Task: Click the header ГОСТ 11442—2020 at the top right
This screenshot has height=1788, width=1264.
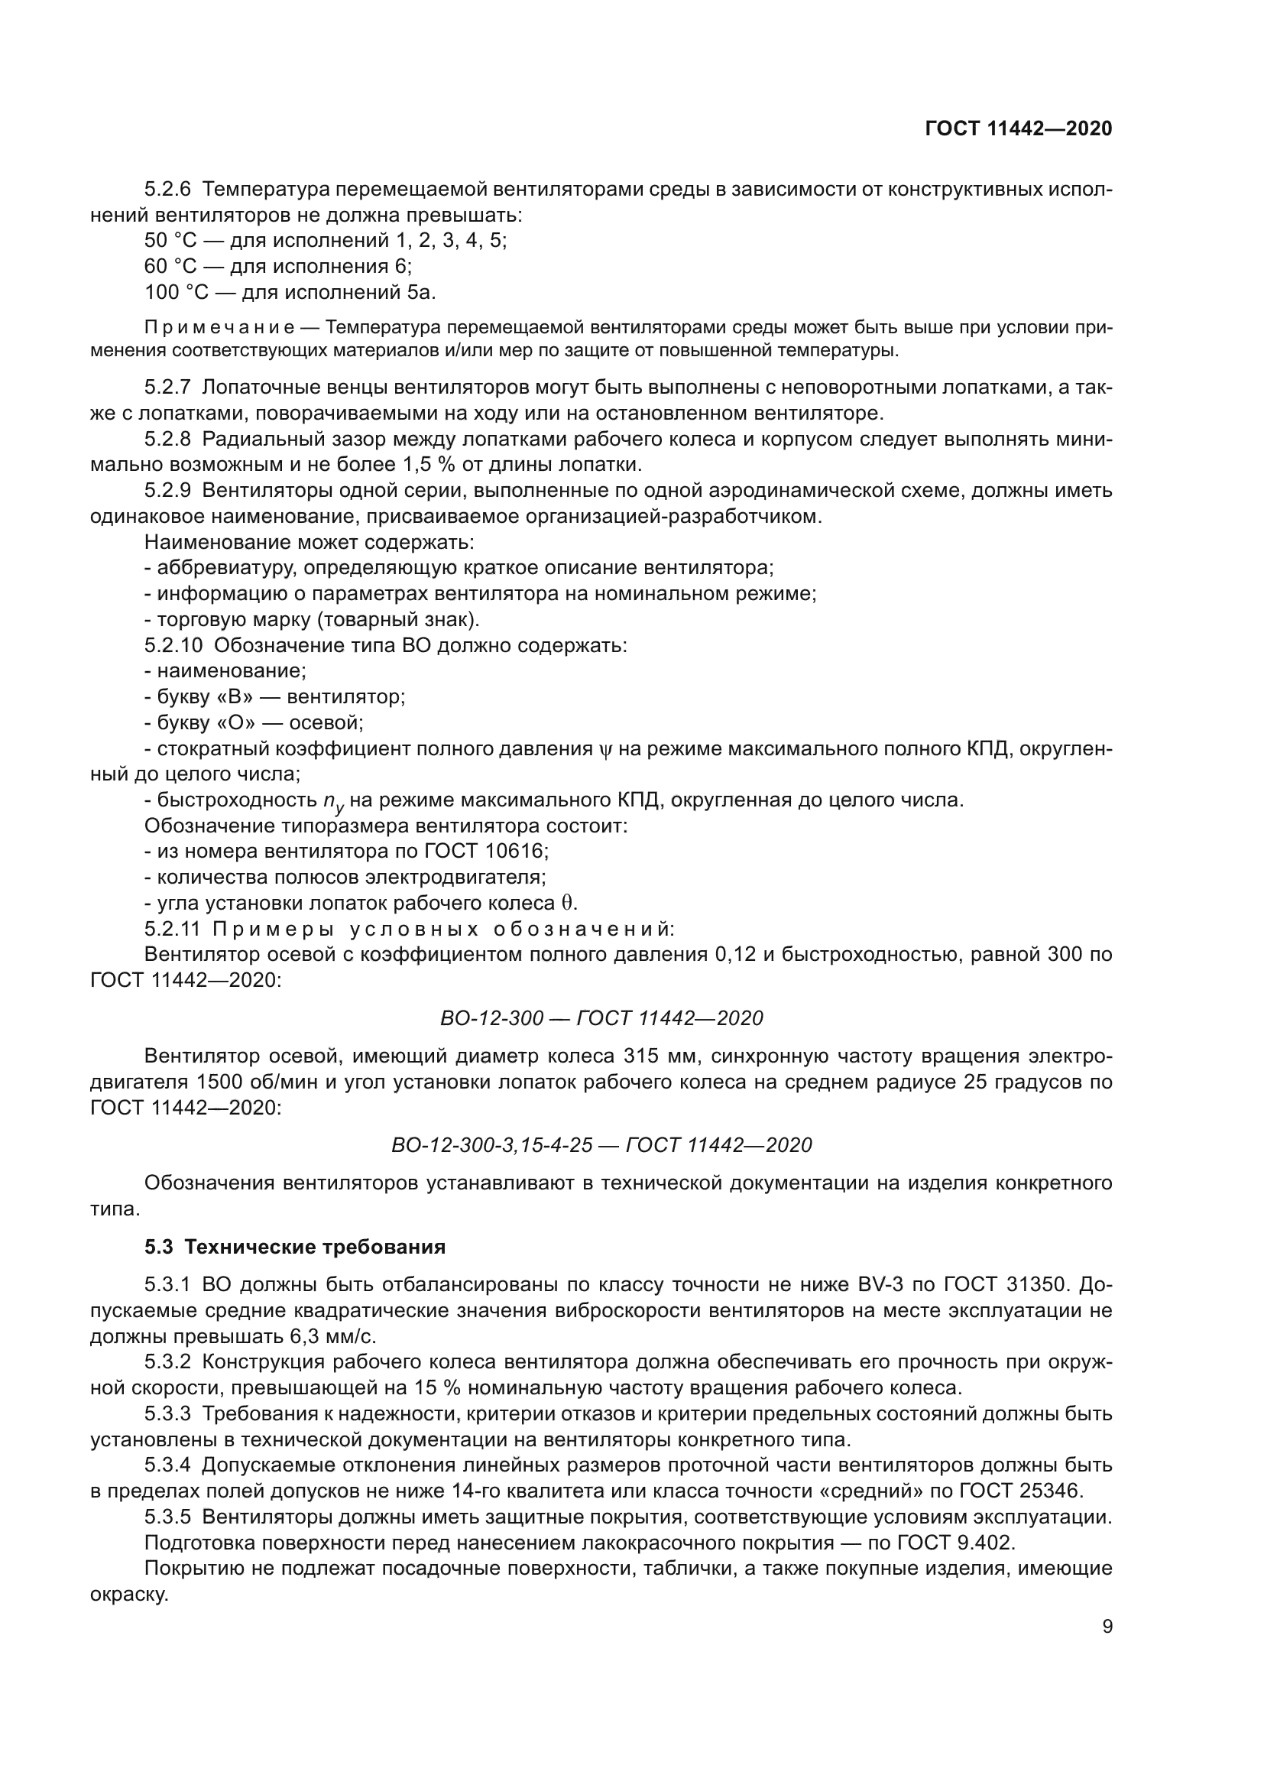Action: (x=1018, y=128)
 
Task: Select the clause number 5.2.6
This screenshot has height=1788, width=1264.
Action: (x=167, y=190)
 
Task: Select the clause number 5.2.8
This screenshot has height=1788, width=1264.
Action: (x=167, y=440)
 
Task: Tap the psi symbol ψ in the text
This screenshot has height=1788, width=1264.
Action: (x=606, y=750)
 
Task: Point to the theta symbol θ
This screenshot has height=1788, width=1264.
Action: (x=568, y=904)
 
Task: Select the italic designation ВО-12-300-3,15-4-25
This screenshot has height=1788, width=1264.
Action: (x=492, y=1145)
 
